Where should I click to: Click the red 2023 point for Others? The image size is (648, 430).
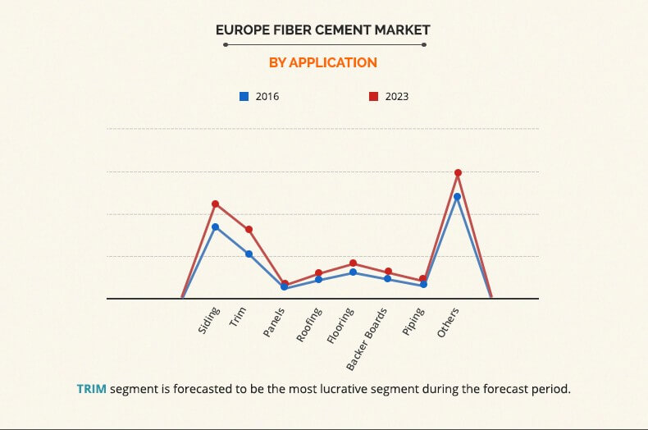coord(458,172)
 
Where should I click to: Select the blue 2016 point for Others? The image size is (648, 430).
coord(458,196)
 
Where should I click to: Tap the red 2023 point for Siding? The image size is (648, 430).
coord(215,204)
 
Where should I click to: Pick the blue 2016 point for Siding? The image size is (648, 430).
coord(215,226)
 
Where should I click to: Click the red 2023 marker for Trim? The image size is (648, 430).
coord(249,229)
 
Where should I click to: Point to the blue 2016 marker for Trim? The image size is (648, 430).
coord(249,254)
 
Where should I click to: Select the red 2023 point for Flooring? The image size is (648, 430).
coord(353,263)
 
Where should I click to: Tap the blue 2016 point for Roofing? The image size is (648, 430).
coord(318,280)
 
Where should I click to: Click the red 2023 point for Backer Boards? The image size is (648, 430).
coord(388,272)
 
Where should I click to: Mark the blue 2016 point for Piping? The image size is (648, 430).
coord(423,285)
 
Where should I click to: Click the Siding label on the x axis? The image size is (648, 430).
coord(208,321)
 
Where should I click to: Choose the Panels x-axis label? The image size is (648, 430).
coord(274,323)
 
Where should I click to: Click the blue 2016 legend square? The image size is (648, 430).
coord(244,96)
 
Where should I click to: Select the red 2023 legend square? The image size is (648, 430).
coord(373,96)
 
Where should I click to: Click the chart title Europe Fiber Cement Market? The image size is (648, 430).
coord(323,30)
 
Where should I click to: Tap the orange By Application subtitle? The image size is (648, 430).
coord(323,62)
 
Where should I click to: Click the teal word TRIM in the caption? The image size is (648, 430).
coord(92,388)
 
